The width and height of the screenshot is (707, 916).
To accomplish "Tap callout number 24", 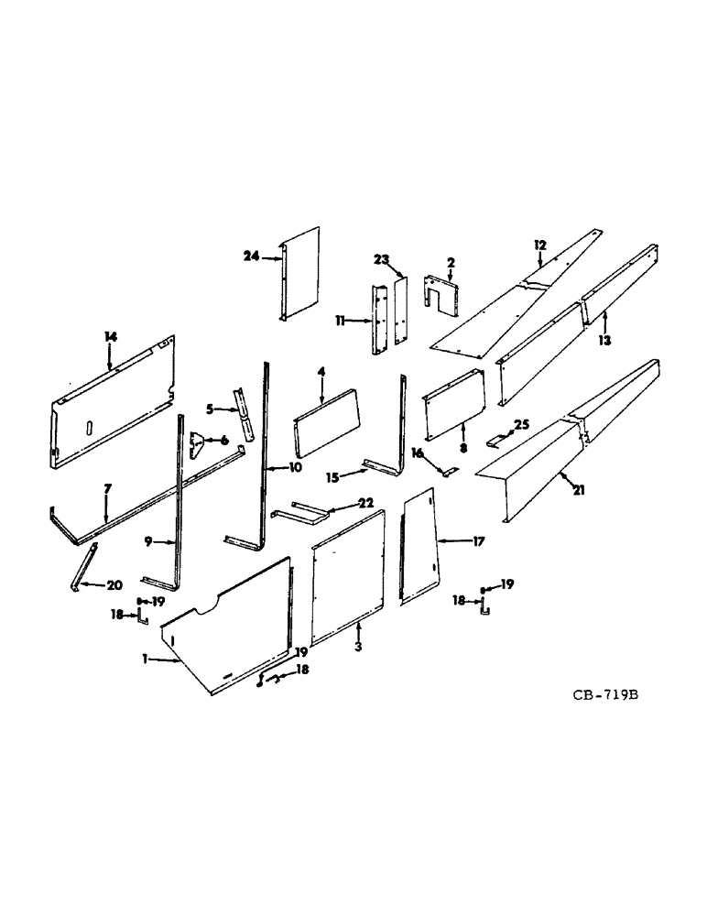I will (x=251, y=257).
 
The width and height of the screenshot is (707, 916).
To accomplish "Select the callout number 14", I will (x=111, y=338).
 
